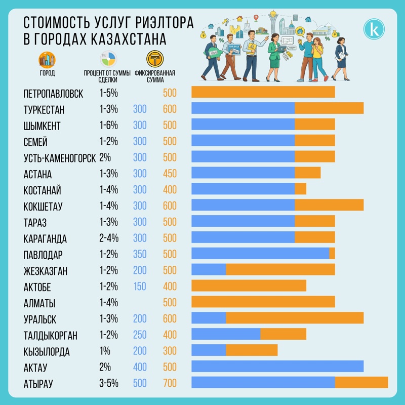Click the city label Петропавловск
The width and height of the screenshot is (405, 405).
click(53, 93)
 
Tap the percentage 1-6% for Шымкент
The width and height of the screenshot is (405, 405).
click(108, 125)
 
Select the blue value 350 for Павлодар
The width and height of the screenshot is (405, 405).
click(140, 254)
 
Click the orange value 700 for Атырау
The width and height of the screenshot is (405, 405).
click(170, 383)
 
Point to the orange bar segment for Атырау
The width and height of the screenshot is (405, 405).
click(361, 383)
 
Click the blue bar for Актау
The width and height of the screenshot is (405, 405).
click(277, 367)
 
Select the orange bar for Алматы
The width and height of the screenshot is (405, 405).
click(263, 302)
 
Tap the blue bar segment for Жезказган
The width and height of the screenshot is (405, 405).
click(208, 270)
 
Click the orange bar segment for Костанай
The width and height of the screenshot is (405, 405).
click(300, 189)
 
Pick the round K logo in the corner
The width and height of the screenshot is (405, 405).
click(374, 29)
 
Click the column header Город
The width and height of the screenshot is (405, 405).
click(47, 73)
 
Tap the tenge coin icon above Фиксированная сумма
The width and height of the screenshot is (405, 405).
click(155, 58)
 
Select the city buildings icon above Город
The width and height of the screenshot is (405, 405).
click(47, 59)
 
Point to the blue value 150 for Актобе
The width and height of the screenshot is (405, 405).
click(140, 287)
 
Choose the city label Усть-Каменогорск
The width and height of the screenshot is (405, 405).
click(59, 157)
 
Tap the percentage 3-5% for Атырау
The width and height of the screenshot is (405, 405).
click(108, 383)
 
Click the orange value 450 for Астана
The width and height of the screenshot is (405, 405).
click(170, 174)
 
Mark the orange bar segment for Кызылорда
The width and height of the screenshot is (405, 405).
click(251, 350)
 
